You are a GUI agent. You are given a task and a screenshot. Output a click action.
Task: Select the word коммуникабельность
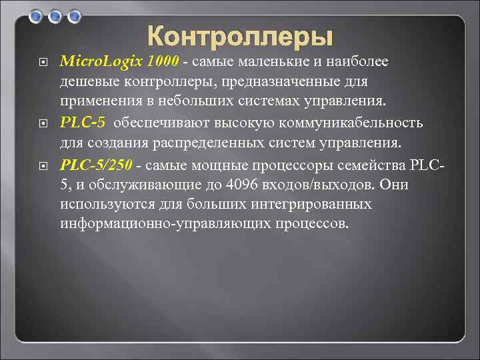(357, 123)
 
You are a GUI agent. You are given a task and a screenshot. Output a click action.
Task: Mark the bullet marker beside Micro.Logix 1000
(43, 63)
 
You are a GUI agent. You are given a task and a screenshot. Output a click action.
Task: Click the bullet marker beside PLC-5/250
(43, 165)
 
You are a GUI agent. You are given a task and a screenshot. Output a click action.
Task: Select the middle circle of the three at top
(55, 15)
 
